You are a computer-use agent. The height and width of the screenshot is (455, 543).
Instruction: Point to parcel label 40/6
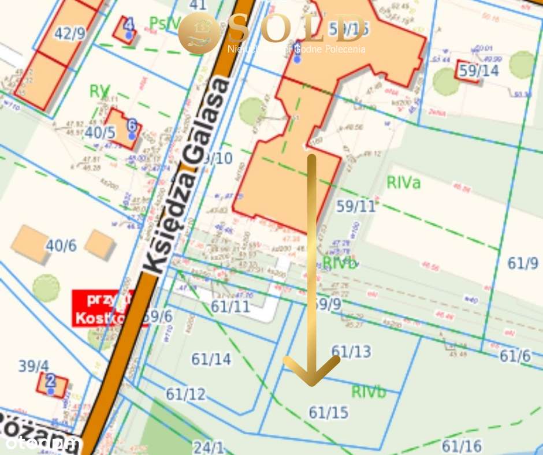[61, 246]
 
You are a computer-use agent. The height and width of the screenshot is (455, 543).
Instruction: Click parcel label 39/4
[34, 366]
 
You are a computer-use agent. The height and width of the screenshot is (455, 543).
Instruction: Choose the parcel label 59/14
[479, 71]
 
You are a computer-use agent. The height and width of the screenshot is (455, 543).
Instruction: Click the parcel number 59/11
[356, 206]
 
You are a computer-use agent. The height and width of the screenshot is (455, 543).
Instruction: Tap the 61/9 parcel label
[523, 263]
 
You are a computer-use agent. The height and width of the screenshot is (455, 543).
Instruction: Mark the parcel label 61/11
[230, 306]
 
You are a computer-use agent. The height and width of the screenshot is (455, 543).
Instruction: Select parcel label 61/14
[211, 359]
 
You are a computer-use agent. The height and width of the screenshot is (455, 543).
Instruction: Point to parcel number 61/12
[186, 394]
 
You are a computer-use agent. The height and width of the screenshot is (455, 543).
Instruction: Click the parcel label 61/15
[329, 412]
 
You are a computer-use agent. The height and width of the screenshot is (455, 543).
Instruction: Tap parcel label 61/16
[461, 446]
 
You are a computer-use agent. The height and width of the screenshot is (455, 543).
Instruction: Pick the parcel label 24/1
[209, 447]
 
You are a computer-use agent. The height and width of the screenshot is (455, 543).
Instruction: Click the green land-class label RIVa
[404, 183]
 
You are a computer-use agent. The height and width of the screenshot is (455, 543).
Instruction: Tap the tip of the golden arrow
[312, 383]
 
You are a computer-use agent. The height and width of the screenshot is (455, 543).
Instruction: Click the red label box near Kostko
[103, 308]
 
